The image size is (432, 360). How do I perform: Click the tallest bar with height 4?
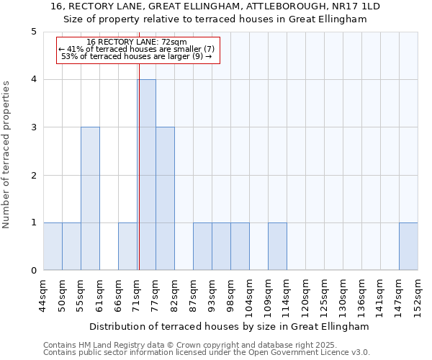(x=146, y=175)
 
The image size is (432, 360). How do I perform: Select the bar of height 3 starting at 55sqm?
(x=90, y=199)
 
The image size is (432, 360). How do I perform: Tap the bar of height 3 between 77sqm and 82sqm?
(x=165, y=199)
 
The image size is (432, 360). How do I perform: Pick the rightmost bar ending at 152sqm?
(x=408, y=247)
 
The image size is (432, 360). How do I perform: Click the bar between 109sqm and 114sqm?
(x=277, y=247)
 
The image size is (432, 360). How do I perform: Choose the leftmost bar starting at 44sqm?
(x=53, y=247)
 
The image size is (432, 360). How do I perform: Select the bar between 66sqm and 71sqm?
(x=127, y=247)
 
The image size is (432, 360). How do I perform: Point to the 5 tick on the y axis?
(x=33, y=32)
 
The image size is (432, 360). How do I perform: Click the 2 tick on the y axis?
(x=33, y=175)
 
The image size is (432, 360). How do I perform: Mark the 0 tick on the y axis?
(x=33, y=271)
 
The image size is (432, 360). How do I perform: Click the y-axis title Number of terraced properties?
(x=7, y=155)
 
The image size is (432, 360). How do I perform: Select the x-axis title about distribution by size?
(x=230, y=326)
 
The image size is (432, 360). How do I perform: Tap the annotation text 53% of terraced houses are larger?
(x=136, y=56)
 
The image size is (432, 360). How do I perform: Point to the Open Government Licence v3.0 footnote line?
(x=207, y=352)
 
